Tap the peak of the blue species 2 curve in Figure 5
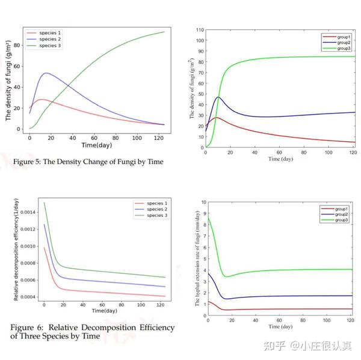(x=46, y=73)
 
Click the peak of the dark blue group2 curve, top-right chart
(x=218, y=97)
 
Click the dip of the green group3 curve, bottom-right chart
(x=226, y=276)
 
